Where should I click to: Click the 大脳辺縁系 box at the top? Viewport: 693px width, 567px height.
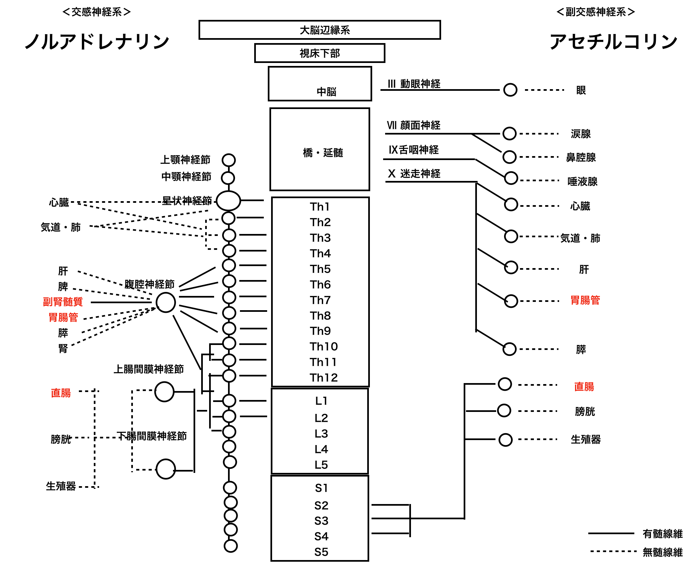point(319,30)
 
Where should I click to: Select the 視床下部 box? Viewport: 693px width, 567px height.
point(319,53)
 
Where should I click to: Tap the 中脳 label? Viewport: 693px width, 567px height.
point(326,91)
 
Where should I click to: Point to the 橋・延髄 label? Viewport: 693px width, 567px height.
point(323,153)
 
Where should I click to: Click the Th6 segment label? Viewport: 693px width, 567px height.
point(320,284)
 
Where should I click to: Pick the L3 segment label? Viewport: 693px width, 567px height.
point(321,433)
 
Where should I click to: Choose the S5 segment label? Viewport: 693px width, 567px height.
point(321,552)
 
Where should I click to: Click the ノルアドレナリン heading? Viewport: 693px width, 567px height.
point(97,42)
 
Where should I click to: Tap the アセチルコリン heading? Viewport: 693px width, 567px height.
point(613,42)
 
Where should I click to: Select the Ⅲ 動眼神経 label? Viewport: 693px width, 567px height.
point(414,84)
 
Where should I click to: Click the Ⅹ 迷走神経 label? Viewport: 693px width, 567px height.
point(414,174)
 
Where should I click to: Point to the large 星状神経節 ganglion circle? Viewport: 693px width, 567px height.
point(228,200)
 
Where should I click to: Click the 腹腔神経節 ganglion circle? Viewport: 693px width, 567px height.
point(166,302)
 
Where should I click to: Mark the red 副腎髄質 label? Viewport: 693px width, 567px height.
point(63,302)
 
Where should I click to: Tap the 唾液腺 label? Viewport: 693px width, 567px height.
point(582,182)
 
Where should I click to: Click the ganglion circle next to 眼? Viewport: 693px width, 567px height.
point(510,90)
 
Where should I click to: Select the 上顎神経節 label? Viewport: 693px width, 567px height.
point(185,160)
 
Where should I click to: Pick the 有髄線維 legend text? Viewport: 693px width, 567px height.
point(662,534)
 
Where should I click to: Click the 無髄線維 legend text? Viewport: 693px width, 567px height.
point(662,552)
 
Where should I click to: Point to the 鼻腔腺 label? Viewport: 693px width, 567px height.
point(581,157)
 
